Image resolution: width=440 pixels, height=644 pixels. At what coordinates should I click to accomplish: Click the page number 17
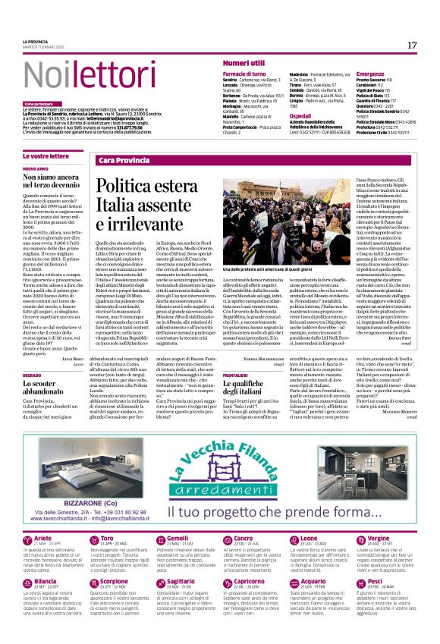pos(412,46)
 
